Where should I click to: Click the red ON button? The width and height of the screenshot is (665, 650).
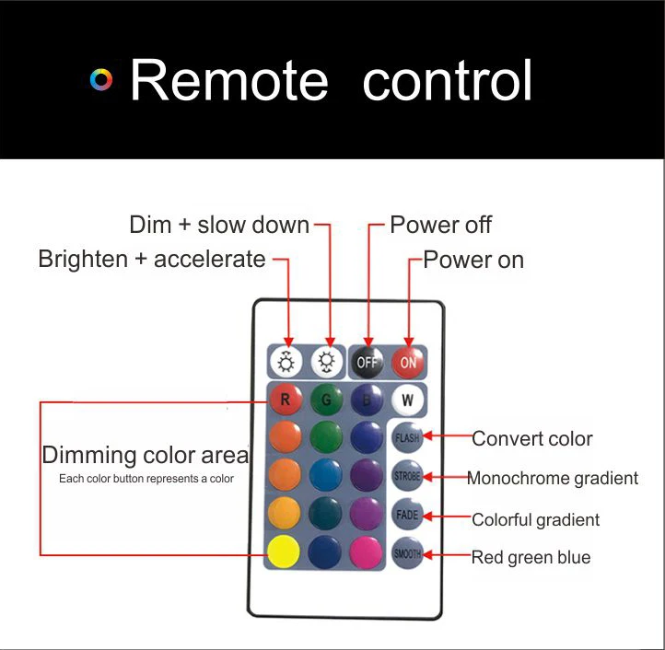[408, 362]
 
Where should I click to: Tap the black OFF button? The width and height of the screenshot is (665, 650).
[367, 362]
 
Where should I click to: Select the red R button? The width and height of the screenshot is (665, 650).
[286, 399]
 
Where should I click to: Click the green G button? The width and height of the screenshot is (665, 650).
[326, 399]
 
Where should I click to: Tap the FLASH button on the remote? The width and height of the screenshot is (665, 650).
[407, 437]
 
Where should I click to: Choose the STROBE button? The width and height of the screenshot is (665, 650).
[407, 476]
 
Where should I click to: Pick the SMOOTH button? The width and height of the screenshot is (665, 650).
[407, 553]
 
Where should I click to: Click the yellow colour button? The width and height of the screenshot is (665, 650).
[284, 551]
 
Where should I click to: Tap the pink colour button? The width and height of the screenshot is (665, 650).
[366, 551]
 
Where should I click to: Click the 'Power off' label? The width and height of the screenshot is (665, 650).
[440, 225]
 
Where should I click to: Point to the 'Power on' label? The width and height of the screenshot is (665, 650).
[473, 260]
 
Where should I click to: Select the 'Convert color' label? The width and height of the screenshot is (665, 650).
[532, 439]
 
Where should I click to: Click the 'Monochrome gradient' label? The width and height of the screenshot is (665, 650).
[553, 478]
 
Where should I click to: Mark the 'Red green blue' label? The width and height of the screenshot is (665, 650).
[531, 558]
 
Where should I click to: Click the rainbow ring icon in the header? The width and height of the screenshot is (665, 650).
[101, 80]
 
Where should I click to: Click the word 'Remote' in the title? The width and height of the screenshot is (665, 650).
[229, 80]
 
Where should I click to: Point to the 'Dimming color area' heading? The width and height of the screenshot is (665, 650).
[146, 455]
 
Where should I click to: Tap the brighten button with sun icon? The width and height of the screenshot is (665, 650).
[286, 362]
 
